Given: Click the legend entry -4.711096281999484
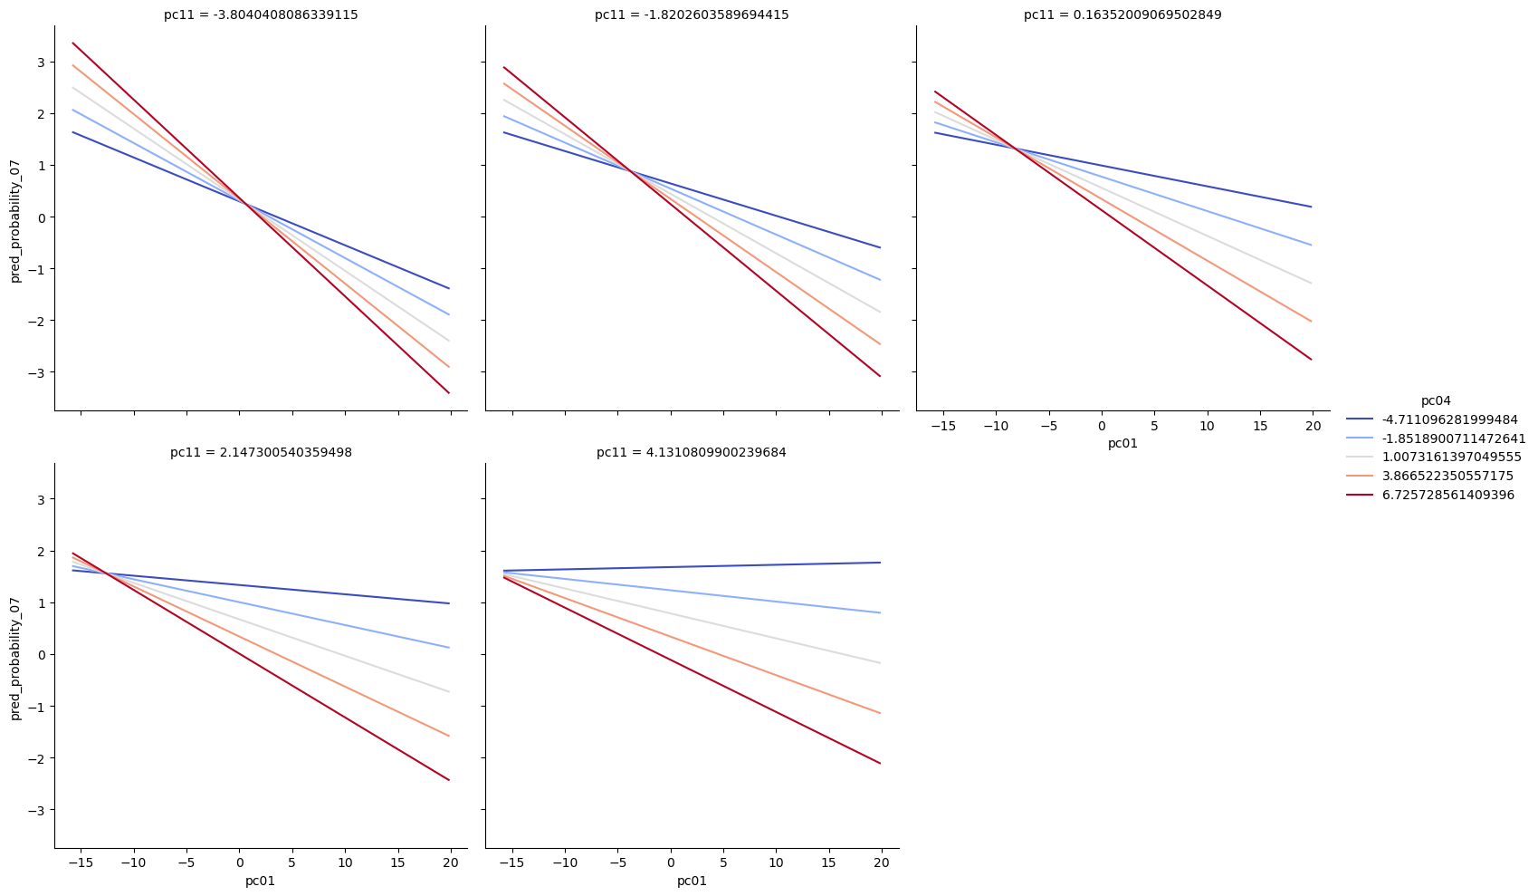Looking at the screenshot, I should pos(1449,419).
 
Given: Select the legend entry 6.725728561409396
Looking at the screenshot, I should pos(1447,495).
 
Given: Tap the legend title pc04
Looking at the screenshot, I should pos(1436,400).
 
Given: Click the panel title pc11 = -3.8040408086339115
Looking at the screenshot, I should pos(261,14).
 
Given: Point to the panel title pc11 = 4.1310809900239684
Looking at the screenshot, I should pos(692,452).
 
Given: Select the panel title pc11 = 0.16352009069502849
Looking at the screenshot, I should pos(1122,14).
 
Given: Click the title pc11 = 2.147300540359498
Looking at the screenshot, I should pos(261,452).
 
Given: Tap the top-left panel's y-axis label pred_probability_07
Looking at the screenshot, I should pos(14,217).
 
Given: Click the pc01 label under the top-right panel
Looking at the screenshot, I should pos(1122,443).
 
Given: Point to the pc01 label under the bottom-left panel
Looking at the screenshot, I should pos(261,881).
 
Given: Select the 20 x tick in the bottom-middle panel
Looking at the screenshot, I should pos(882,862).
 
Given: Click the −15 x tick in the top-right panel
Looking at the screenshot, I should pos(943,425).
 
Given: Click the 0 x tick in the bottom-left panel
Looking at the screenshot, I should pos(239,862).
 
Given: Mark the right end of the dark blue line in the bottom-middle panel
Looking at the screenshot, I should pos(880,563).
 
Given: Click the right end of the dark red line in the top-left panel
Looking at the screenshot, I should pos(449,392).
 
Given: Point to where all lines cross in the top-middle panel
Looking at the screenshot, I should pos(630,170).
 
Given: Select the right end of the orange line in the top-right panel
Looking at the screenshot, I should pos(1311,321).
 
